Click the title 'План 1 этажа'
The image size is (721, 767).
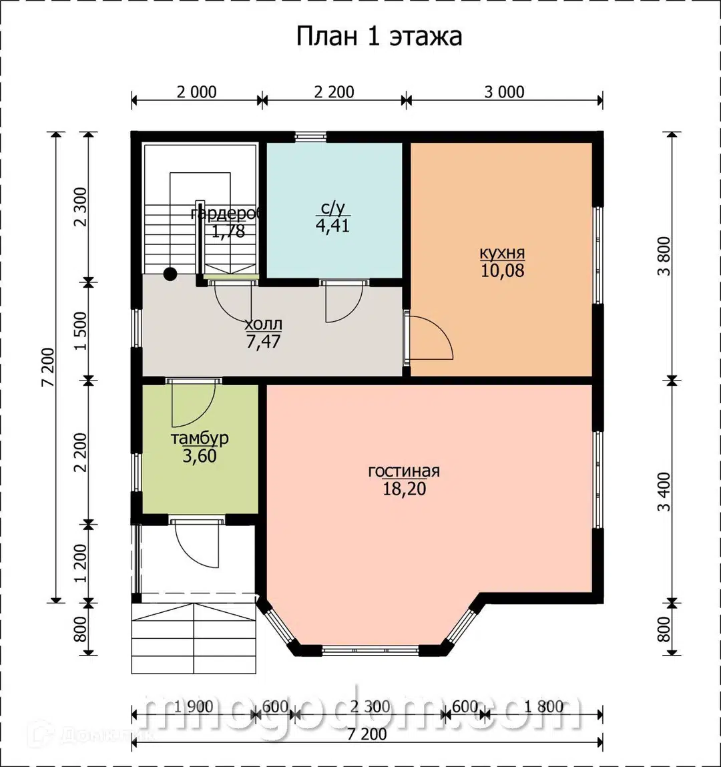point(379,36)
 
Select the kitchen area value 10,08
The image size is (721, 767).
point(502,271)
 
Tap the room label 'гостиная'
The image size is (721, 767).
point(404,471)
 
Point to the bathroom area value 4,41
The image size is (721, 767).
point(332,226)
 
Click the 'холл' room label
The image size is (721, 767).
point(263,324)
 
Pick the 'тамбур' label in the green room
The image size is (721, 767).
point(200,439)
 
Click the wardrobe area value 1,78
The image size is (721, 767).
point(228,232)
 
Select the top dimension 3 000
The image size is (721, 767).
point(504,92)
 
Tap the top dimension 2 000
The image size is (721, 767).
point(196,92)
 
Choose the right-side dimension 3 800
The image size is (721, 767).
point(664,257)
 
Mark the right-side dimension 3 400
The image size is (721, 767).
point(664,491)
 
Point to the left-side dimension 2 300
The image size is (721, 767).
point(81,208)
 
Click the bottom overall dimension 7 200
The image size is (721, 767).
point(367,734)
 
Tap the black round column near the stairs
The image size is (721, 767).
point(170,273)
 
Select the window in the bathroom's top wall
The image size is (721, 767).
point(310,137)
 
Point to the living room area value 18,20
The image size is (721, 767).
point(404,489)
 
